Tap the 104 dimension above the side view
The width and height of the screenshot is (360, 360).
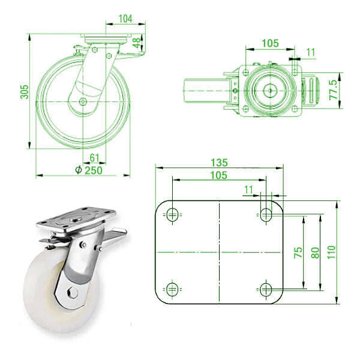(x=125, y=19)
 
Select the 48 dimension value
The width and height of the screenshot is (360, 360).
(x=137, y=43)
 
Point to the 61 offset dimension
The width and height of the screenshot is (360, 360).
(x=94, y=158)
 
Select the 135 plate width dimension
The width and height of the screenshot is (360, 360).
(x=219, y=161)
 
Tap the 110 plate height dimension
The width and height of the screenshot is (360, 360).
(x=331, y=250)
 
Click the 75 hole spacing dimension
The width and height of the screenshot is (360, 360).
(x=297, y=253)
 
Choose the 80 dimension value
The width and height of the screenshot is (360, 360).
(x=314, y=253)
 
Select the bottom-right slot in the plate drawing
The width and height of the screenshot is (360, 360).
(x=266, y=290)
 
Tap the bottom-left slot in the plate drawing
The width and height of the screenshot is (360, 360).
(x=172, y=290)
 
